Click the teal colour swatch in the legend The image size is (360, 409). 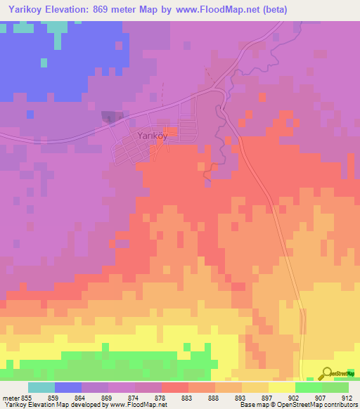click(41, 387)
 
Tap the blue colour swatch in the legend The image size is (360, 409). click(68, 387)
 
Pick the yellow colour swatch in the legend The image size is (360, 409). click(281, 387)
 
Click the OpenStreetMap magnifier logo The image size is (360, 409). click(327, 373)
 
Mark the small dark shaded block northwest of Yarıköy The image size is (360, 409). click(111, 116)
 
